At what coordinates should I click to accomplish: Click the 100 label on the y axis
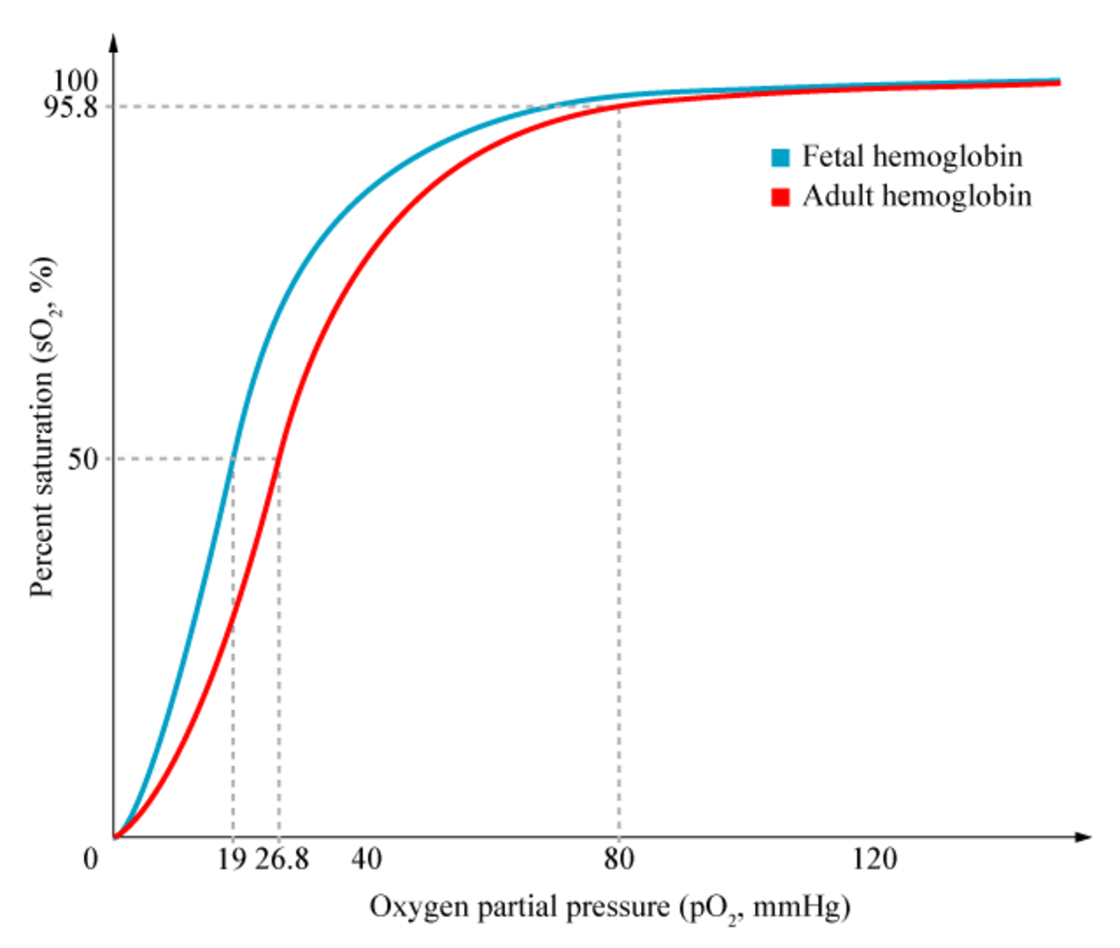tap(76, 80)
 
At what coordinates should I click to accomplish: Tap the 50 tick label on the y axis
tap(83, 458)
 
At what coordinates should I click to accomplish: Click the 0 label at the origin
tap(91, 858)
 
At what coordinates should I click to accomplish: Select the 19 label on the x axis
tap(232, 858)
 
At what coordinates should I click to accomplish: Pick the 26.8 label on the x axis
tap(282, 858)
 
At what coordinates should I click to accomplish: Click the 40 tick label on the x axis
tap(367, 858)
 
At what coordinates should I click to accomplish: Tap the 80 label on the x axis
tap(619, 858)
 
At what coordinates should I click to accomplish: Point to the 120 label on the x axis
tap(875, 858)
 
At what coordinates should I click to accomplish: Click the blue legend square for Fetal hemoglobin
tap(780, 157)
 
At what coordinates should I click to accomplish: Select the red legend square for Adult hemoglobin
tap(780, 197)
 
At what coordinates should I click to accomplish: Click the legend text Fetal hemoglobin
tap(912, 156)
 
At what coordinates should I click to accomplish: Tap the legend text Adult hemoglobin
tap(917, 196)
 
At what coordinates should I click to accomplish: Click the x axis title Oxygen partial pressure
tap(609, 907)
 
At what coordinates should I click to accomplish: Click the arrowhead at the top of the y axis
tap(114, 42)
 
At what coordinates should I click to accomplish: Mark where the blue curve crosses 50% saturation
tap(233, 458)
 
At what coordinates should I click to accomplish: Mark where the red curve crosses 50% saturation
tap(278, 458)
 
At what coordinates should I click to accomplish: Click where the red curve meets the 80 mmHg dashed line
tap(619, 106)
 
